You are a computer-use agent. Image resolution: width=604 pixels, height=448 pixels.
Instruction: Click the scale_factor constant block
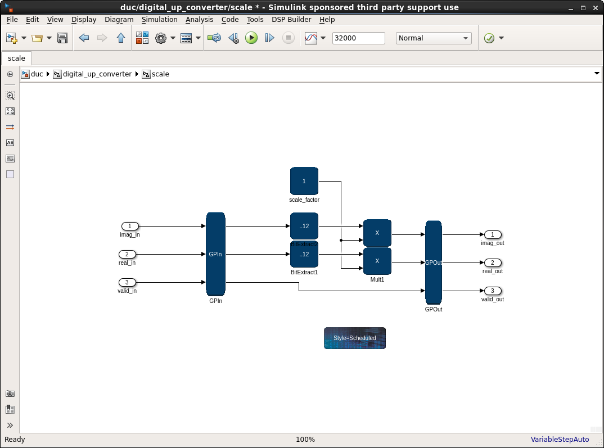pos(304,181)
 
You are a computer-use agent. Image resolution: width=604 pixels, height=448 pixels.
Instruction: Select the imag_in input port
pos(129,227)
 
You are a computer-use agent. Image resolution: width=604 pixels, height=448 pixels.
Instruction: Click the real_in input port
pos(127,254)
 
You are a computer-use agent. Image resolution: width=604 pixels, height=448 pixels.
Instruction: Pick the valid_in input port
pos(127,282)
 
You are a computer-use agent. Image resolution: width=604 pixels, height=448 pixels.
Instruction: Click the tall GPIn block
pos(215,254)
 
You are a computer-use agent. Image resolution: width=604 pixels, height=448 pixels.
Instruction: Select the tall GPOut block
pos(434,263)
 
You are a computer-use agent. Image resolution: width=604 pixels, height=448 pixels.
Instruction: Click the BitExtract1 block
pos(304,255)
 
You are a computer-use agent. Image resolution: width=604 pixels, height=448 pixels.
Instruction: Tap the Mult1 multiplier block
pos(377,261)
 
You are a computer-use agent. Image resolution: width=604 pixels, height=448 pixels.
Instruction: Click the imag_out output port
pos(493,234)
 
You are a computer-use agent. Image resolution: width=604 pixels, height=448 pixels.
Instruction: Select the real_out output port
pos(493,263)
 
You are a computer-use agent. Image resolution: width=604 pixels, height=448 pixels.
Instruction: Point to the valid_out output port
pos(493,291)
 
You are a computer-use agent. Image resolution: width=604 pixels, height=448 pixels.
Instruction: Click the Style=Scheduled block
pos(355,338)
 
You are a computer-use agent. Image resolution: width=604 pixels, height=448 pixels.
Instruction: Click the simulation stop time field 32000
pos(358,38)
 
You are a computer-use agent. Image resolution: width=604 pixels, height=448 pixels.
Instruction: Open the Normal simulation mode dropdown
pos(434,38)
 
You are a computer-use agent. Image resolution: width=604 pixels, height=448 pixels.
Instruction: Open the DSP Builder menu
pos(292,19)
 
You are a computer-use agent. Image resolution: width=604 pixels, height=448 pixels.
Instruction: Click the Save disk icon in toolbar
pos(62,38)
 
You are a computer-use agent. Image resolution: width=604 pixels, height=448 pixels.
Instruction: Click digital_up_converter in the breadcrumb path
pos(97,74)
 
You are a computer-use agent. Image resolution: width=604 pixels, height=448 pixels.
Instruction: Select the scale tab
pos(16,58)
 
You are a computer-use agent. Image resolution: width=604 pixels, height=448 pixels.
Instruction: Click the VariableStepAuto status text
pos(560,440)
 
